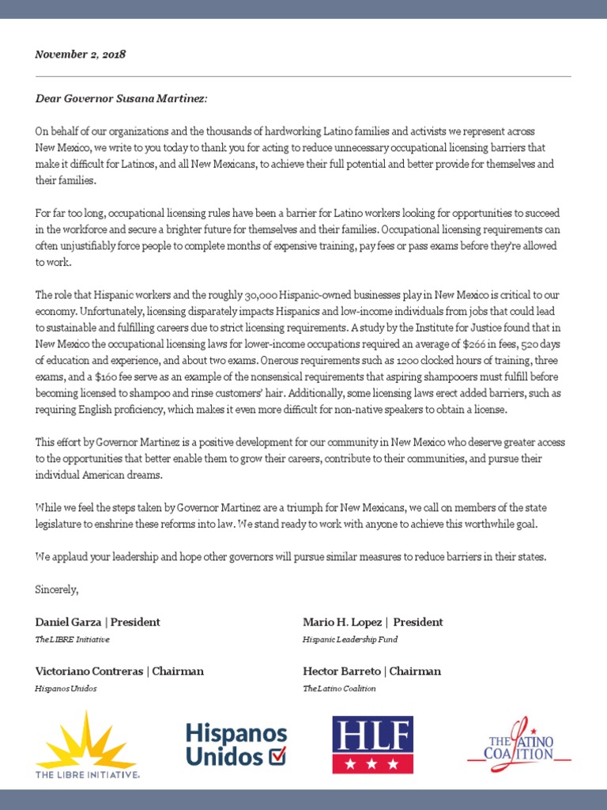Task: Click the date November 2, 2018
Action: pos(80,55)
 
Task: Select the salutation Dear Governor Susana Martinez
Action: pos(122,98)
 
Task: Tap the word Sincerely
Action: pos(57,589)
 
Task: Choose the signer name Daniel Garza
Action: pos(68,622)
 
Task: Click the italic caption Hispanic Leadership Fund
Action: pos(350,639)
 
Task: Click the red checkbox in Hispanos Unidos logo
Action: pos(277,756)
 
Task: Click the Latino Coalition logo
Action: pos(519,742)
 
